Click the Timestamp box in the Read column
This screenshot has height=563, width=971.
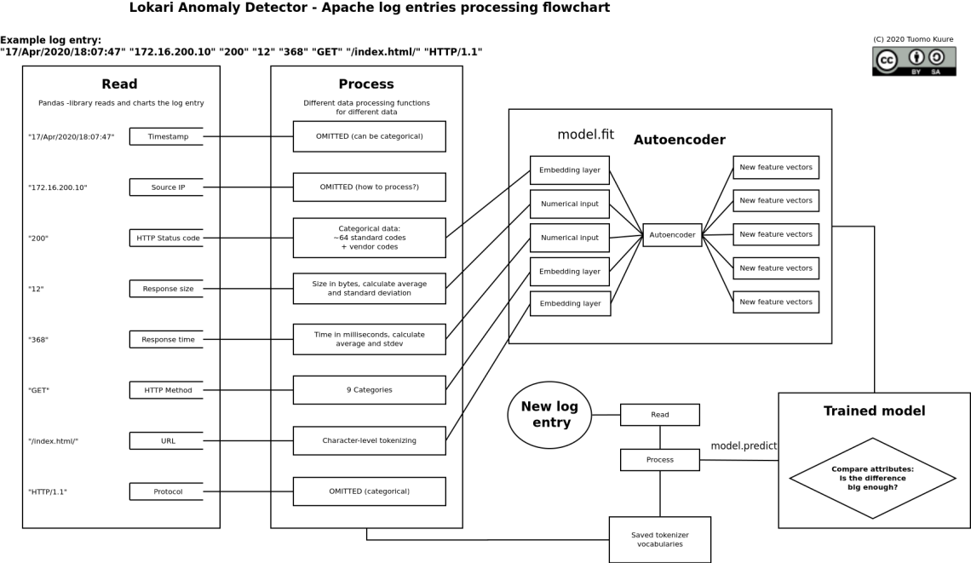click(x=168, y=136)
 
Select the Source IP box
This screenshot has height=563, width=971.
click(x=168, y=187)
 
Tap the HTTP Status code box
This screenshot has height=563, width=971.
click(x=168, y=238)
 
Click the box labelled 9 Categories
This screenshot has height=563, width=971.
click(x=369, y=390)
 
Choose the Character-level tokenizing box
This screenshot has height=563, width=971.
click(x=369, y=440)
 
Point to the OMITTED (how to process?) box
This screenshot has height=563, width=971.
click(x=369, y=187)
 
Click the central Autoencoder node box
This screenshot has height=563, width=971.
click(x=672, y=234)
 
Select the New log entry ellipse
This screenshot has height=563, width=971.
click(x=549, y=415)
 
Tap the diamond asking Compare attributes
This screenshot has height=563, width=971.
click(x=873, y=478)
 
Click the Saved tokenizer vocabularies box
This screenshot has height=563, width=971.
click(x=660, y=539)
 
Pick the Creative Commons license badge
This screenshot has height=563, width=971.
click(x=914, y=61)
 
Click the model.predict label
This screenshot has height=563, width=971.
click(x=744, y=445)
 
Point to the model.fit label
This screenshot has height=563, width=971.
click(x=585, y=135)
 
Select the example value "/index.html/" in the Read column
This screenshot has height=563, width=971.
click(x=53, y=441)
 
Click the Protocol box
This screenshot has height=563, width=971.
click(x=168, y=491)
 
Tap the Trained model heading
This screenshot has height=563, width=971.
click(x=874, y=411)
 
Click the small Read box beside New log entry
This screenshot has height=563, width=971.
click(x=660, y=415)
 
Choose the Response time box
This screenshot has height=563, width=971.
click(x=168, y=339)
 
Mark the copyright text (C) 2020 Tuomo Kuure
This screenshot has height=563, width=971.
click(x=913, y=39)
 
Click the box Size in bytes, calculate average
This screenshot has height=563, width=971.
click(x=369, y=288)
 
